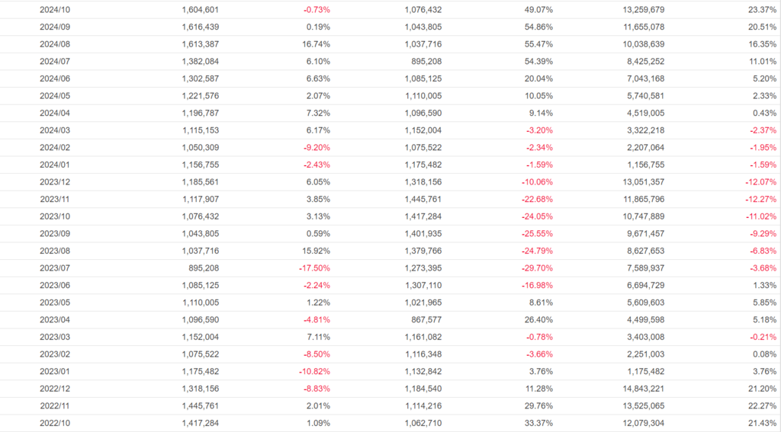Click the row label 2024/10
[x=54, y=10]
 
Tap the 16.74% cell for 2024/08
[x=317, y=44]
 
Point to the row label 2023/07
[x=54, y=268]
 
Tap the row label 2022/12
[x=54, y=389]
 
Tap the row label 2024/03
[x=54, y=130]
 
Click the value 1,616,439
[x=199, y=27]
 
